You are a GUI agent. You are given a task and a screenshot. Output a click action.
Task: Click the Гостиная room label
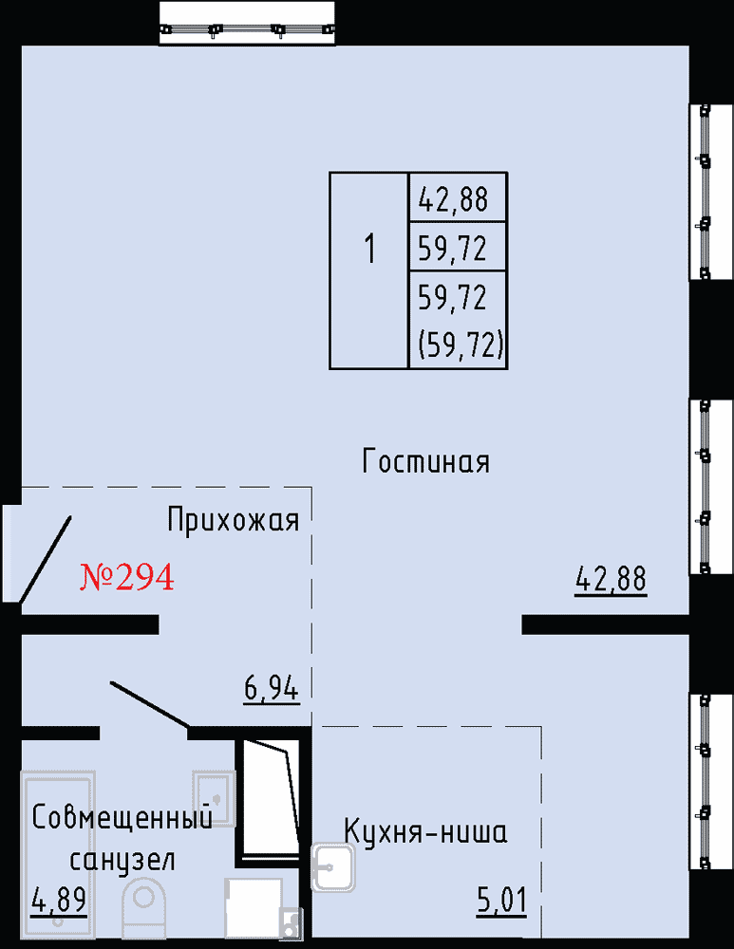click(x=425, y=461)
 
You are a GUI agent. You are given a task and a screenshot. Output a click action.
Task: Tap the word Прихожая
click(x=234, y=520)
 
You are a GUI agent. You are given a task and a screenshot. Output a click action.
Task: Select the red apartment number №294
click(x=127, y=576)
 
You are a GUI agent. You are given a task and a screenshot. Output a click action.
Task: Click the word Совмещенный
click(x=122, y=817)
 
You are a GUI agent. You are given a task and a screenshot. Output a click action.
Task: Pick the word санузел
click(x=122, y=860)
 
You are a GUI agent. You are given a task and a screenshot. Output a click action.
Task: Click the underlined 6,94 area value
click(x=272, y=688)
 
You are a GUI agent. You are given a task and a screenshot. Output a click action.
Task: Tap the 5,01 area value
click(x=501, y=901)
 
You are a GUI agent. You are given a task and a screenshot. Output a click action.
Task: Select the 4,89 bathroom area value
click(x=59, y=900)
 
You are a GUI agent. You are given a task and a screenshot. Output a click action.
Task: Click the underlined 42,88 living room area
click(x=611, y=579)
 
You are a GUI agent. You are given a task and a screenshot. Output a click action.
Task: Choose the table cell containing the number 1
click(x=368, y=270)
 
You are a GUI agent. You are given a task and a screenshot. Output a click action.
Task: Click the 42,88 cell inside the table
click(x=458, y=197)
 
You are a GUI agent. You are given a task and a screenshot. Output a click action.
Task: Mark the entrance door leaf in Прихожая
click(x=46, y=559)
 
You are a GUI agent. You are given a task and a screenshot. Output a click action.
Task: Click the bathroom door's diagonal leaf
click(x=150, y=704)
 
